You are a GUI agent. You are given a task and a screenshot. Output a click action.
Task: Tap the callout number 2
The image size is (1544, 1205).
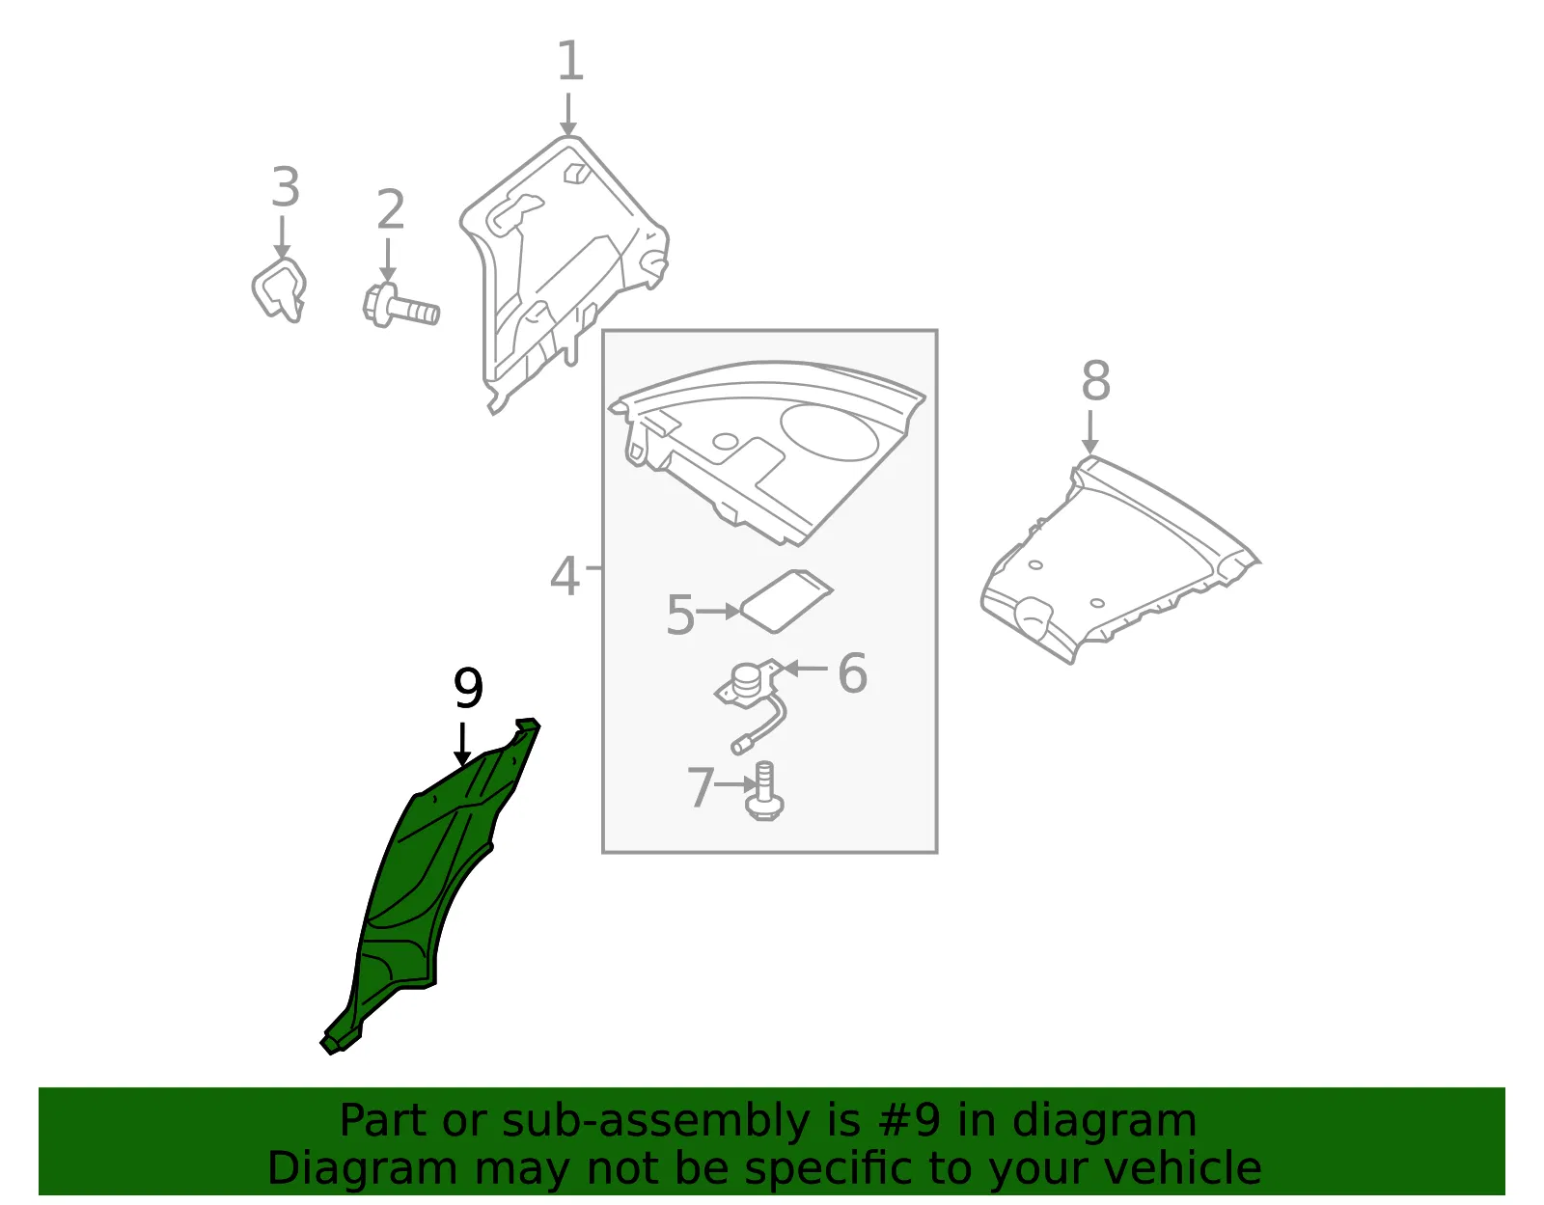point(391,209)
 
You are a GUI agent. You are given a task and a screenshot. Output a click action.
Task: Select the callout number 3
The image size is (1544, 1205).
point(286,187)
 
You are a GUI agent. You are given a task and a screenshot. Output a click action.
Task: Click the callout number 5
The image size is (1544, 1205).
point(680,615)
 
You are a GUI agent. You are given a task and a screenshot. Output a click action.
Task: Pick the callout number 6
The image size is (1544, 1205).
point(853,673)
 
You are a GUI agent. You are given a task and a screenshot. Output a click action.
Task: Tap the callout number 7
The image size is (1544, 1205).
point(701,787)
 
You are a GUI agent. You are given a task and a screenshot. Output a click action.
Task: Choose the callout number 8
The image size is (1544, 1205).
point(1095,380)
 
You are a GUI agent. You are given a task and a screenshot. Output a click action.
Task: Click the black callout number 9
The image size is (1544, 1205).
point(468,687)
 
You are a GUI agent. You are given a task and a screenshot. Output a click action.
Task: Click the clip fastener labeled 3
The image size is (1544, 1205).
point(279,289)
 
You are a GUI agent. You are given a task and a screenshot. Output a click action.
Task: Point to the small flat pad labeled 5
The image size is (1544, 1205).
point(786,601)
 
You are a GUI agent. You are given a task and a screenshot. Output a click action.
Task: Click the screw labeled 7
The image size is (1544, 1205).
point(764,791)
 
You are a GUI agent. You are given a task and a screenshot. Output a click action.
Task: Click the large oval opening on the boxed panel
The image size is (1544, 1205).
point(829,432)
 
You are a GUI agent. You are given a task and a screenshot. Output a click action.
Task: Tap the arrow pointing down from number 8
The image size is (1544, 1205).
point(1089,431)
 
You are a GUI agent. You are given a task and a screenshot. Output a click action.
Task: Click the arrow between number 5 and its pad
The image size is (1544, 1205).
point(718,612)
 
